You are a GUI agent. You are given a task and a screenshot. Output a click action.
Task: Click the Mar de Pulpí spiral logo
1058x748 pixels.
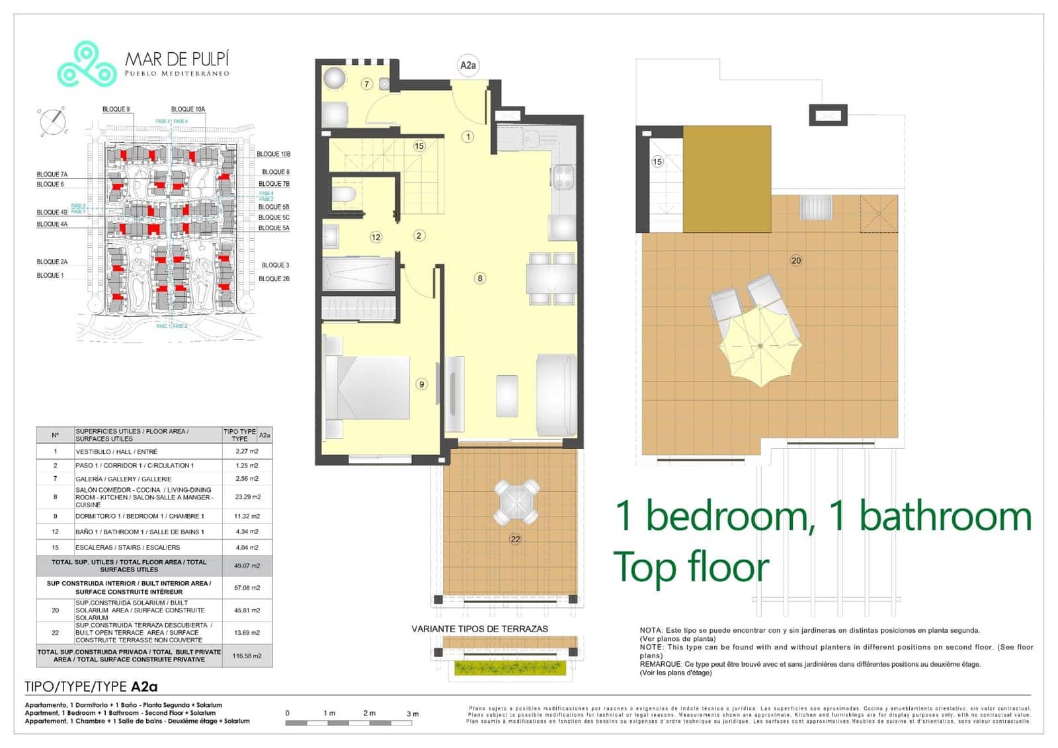pos(87,64)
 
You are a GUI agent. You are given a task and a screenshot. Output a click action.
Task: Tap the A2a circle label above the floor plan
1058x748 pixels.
pos(468,65)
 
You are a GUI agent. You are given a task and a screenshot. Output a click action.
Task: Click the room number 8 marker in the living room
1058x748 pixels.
pos(480,278)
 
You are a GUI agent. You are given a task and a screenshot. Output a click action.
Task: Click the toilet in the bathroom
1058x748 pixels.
pos(345,194)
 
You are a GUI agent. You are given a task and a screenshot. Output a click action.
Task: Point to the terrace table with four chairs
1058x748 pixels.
pos(517,501)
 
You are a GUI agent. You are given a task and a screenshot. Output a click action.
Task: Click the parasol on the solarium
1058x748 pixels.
pos(760,345)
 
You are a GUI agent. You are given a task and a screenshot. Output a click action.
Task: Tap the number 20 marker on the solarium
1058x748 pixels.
pos(796,261)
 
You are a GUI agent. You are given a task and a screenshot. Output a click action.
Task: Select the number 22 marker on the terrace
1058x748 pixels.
pos(515,539)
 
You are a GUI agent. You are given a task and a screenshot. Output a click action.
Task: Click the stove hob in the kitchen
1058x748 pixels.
pos(563,177)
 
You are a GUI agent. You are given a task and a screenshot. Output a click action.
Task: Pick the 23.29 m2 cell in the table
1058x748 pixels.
pos(247,497)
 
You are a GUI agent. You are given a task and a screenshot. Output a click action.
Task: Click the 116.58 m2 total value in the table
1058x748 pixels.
pos(247,655)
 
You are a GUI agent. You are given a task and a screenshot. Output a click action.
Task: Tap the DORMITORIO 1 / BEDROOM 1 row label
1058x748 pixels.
pos(140,516)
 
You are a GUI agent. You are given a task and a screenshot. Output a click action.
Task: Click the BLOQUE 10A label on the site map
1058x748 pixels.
pos(188,109)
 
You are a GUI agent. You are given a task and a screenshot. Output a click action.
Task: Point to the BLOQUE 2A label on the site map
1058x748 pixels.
pos(52,262)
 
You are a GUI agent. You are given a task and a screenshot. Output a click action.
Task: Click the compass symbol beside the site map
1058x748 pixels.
pos(52,122)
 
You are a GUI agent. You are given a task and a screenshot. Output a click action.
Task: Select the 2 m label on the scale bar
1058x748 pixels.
pos(369,713)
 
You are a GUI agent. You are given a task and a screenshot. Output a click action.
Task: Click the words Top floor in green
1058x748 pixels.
pos(692,567)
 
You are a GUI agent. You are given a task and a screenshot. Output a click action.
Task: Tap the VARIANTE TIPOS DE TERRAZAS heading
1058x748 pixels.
pos(479,629)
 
